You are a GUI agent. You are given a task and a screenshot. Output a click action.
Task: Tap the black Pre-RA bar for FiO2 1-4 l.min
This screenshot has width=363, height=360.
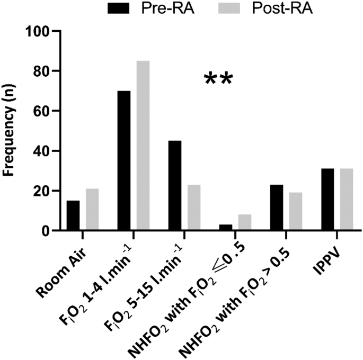[125, 161]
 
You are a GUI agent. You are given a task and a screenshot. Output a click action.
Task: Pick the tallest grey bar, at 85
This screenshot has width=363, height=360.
[143, 146]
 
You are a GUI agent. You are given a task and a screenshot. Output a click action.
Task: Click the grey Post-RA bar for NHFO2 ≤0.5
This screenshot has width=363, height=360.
[245, 223]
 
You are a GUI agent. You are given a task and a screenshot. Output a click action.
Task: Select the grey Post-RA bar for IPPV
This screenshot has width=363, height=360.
[347, 200]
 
